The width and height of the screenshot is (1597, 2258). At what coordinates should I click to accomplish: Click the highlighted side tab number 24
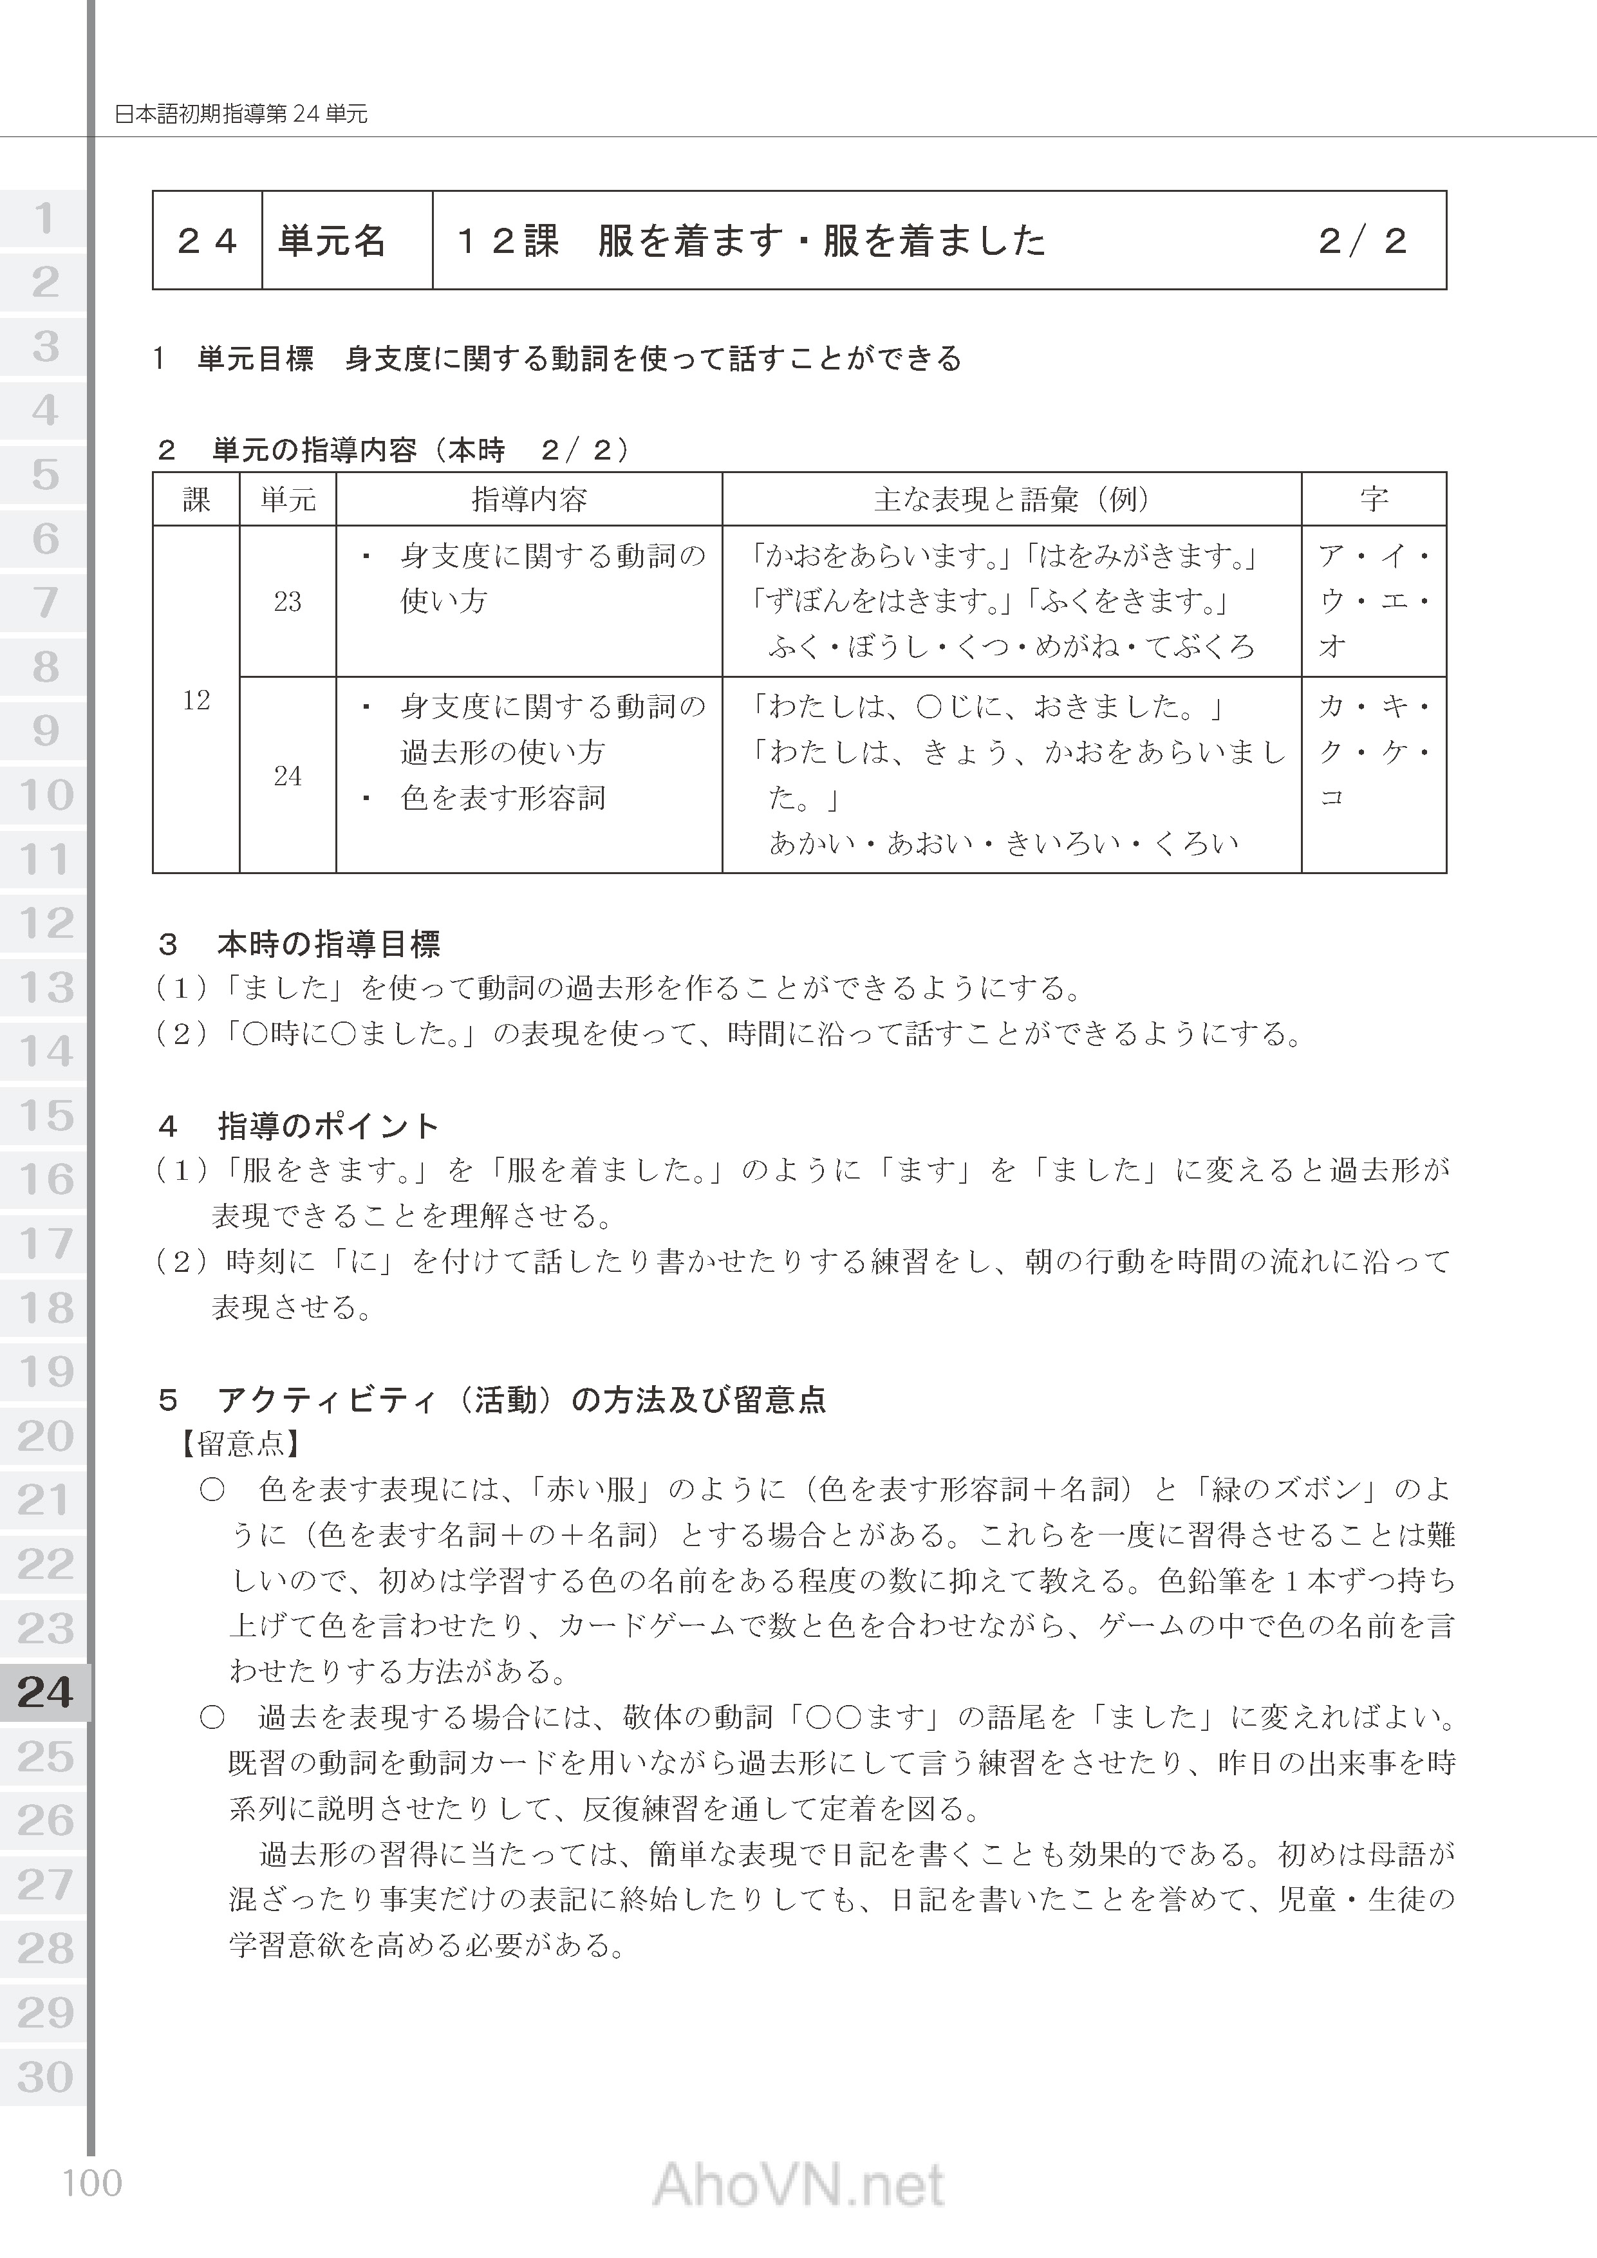(45, 1692)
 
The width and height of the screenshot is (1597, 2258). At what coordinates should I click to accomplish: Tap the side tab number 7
(45, 602)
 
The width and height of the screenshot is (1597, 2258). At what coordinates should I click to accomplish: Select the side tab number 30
(45, 2077)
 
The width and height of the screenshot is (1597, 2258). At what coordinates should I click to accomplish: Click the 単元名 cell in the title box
(332, 241)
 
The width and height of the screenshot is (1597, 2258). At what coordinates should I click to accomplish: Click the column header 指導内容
(529, 499)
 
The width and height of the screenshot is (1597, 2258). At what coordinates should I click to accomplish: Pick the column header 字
(1374, 499)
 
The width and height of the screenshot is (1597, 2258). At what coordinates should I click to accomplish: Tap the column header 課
(197, 499)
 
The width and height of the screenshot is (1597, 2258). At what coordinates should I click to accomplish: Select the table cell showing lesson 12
(197, 699)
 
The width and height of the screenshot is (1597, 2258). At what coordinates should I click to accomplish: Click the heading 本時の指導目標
(328, 945)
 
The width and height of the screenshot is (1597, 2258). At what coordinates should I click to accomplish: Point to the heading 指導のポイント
(328, 1126)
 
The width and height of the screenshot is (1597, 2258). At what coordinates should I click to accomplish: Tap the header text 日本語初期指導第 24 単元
(242, 114)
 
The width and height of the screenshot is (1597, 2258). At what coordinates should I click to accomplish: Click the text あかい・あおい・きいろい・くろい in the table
(1003, 843)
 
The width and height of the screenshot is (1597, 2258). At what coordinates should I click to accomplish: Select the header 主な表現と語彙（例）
(1012, 499)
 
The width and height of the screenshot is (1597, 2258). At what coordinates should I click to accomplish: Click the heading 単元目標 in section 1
(256, 359)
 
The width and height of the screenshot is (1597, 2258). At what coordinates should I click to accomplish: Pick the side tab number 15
(45, 1115)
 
